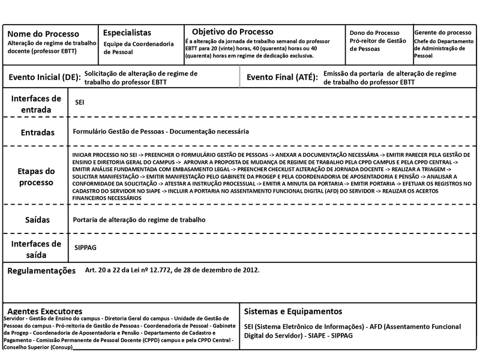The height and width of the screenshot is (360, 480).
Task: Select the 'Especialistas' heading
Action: (x=127, y=32)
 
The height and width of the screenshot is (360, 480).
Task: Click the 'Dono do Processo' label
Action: (x=374, y=32)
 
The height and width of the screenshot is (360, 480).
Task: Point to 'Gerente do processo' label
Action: (x=443, y=32)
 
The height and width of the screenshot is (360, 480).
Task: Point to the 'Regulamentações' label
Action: (x=41, y=271)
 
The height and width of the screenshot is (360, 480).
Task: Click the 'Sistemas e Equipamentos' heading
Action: (x=293, y=311)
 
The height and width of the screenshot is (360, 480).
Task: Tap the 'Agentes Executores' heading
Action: (x=44, y=311)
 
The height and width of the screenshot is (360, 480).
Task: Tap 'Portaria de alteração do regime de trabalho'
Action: (x=139, y=220)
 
